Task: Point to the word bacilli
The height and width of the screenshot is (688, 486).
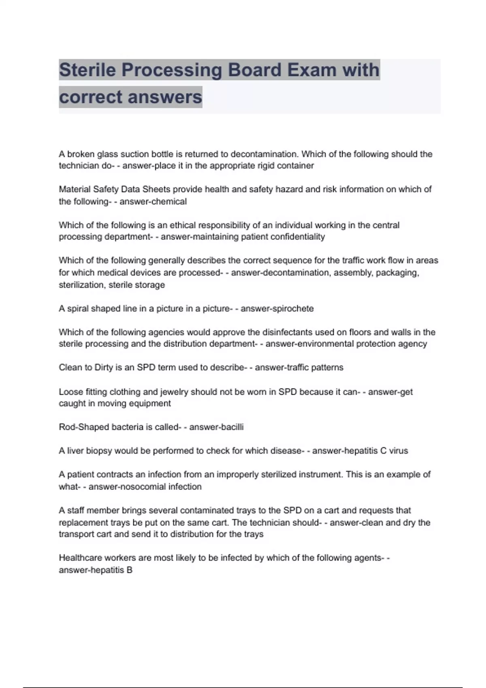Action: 230,427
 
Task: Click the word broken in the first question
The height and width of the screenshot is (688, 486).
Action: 81,154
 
